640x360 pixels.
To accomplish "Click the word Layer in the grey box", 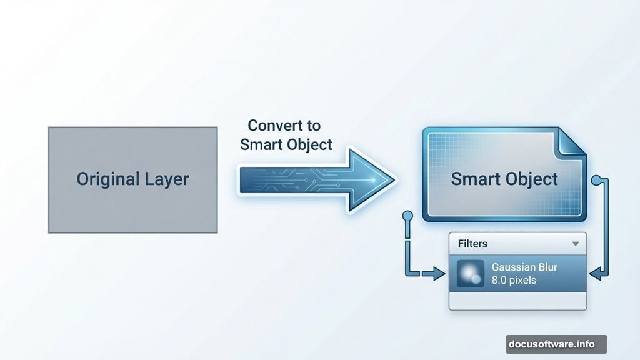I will click(x=164, y=179).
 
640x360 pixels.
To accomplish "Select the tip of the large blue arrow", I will click(x=392, y=179).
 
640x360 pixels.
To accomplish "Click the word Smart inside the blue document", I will click(x=475, y=179).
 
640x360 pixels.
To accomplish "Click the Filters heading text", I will click(x=472, y=244).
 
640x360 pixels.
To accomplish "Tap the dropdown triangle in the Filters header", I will click(x=575, y=244).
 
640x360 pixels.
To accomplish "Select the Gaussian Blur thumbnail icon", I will click(x=470, y=274).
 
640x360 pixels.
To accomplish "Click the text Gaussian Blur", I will click(x=524, y=267).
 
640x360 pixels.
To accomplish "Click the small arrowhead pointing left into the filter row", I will click(x=596, y=273).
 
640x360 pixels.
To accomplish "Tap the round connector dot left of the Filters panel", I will click(x=407, y=216).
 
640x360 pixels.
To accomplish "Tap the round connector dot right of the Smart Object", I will click(x=602, y=181).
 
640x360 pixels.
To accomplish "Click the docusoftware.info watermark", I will click(x=556, y=344).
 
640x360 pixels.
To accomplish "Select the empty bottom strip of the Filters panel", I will click(x=517, y=301).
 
